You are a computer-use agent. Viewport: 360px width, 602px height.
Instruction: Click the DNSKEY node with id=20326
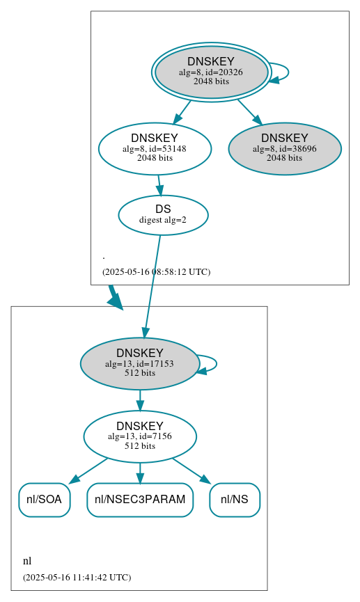tap(211, 72)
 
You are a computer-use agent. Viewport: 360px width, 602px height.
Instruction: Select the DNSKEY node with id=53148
tap(155, 148)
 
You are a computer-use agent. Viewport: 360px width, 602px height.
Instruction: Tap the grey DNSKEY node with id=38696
tap(284, 148)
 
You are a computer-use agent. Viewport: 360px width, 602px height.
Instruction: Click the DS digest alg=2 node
tap(163, 214)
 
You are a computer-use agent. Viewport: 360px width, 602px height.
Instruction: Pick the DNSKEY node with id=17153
tap(139, 363)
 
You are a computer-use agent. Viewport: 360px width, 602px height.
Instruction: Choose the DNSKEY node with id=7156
tap(139, 436)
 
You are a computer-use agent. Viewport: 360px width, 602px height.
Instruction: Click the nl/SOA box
tap(44, 500)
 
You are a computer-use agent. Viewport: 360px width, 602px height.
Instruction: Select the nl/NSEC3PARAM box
tap(139, 500)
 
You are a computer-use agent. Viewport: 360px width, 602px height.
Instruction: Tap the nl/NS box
tap(234, 500)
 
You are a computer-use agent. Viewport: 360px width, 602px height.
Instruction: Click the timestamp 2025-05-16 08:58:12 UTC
tap(156, 272)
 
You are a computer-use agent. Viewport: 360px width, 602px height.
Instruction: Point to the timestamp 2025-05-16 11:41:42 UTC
tap(77, 578)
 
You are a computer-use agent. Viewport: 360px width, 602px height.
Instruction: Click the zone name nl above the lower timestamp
tap(27, 561)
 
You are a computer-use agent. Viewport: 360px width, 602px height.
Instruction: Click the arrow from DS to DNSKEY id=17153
tap(152, 285)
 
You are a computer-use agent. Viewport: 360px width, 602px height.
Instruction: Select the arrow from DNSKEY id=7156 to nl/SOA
tap(88, 470)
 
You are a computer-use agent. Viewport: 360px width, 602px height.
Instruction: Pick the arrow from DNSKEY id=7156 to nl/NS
tap(191, 470)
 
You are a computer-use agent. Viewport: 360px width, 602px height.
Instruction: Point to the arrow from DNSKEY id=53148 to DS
tap(159, 184)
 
